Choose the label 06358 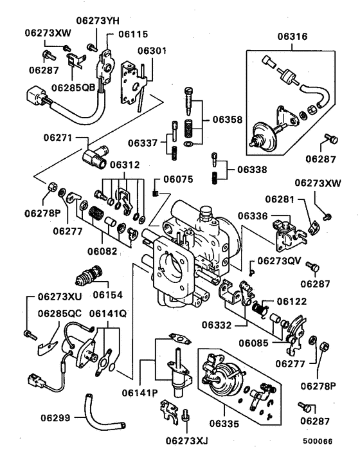[224, 121]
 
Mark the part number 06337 [141, 142]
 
